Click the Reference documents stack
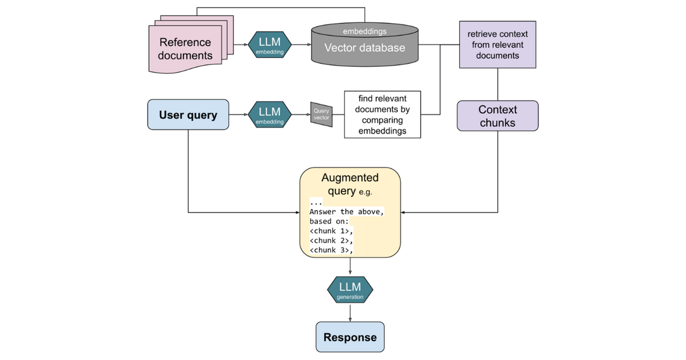pos(190,45)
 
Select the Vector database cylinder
pos(365,45)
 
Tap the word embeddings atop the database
pos(365,31)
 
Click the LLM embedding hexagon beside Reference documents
pos(269,45)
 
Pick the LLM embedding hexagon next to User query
pos(269,114)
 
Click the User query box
pos(188,114)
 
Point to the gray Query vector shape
pos(321,114)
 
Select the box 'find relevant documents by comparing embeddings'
pos(382,114)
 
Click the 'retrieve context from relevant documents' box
pos(498,45)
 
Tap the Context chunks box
pos(498,116)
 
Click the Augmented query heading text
pos(350,184)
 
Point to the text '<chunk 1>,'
pos(332,231)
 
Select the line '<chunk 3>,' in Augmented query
pos(332,250)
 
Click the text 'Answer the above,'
pos(346,211)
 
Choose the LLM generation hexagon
pos(350,290)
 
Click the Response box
pos(350,337)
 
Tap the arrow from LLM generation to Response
pos(350,312)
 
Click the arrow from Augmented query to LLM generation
pos(350,266)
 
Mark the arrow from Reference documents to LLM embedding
pos(241,45)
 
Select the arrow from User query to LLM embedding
pos(238,114)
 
